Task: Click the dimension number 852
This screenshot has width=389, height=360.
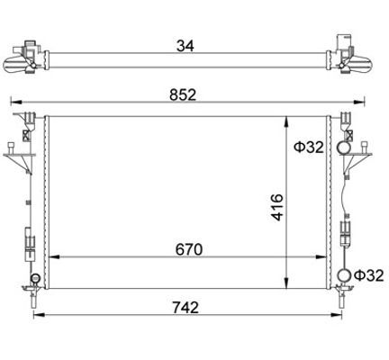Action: pos(183,95)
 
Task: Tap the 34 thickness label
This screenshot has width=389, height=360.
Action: pos(185,46)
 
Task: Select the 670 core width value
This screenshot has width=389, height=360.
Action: pos(189,249)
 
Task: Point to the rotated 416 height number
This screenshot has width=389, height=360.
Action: pos(276,207)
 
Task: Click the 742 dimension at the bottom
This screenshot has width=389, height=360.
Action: pos(185,308)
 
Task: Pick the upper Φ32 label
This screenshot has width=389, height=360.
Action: pos(309,148)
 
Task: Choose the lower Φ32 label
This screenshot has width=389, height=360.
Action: pos(369,275)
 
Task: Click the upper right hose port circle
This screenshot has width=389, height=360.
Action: pos(344,148)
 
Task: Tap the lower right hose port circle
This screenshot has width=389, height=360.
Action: pos(344,275)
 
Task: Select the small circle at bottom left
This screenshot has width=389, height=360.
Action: pos(35,278)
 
